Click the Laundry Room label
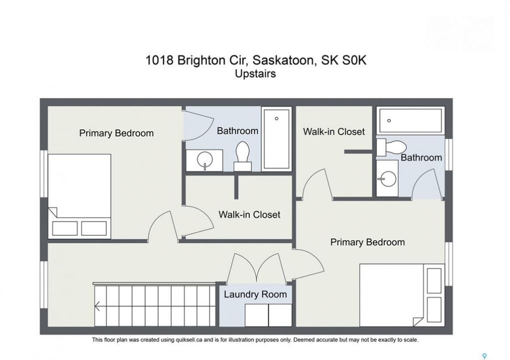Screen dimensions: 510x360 click(x=255, y=294)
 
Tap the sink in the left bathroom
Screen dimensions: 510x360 click(x=205, y=160)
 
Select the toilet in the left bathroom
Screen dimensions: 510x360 click(x=243, y=156)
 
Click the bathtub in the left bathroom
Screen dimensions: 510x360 click(x=276, y=138)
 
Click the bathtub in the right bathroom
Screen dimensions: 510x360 click(x=410, y=120)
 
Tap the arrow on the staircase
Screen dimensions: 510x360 click(x=97, y=306)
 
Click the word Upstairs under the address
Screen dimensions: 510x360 click(x=255, y=74)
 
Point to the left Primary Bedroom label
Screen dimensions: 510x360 click(x=117, y=133)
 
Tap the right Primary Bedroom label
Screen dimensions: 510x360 click(x=367, y=242)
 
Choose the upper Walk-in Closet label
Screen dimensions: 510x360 click(x=334, y=131)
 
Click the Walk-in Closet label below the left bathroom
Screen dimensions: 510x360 click(x=249, y=214)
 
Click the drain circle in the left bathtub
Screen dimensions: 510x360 click(x=276, y=118)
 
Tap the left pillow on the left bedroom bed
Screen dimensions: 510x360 click(x=65, y=228)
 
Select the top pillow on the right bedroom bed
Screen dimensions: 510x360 click(x=434, y=280)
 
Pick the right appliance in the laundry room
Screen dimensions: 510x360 click(x=280, y=315)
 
